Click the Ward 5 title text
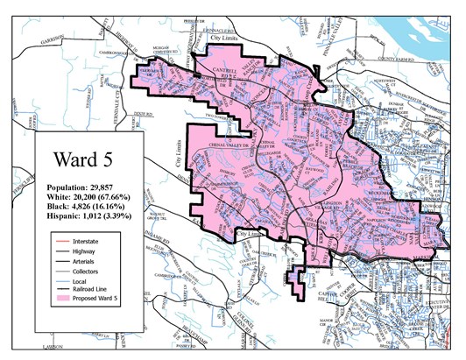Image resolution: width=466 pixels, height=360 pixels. click(83, 160)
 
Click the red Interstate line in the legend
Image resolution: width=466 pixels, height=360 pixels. click(60, 239)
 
